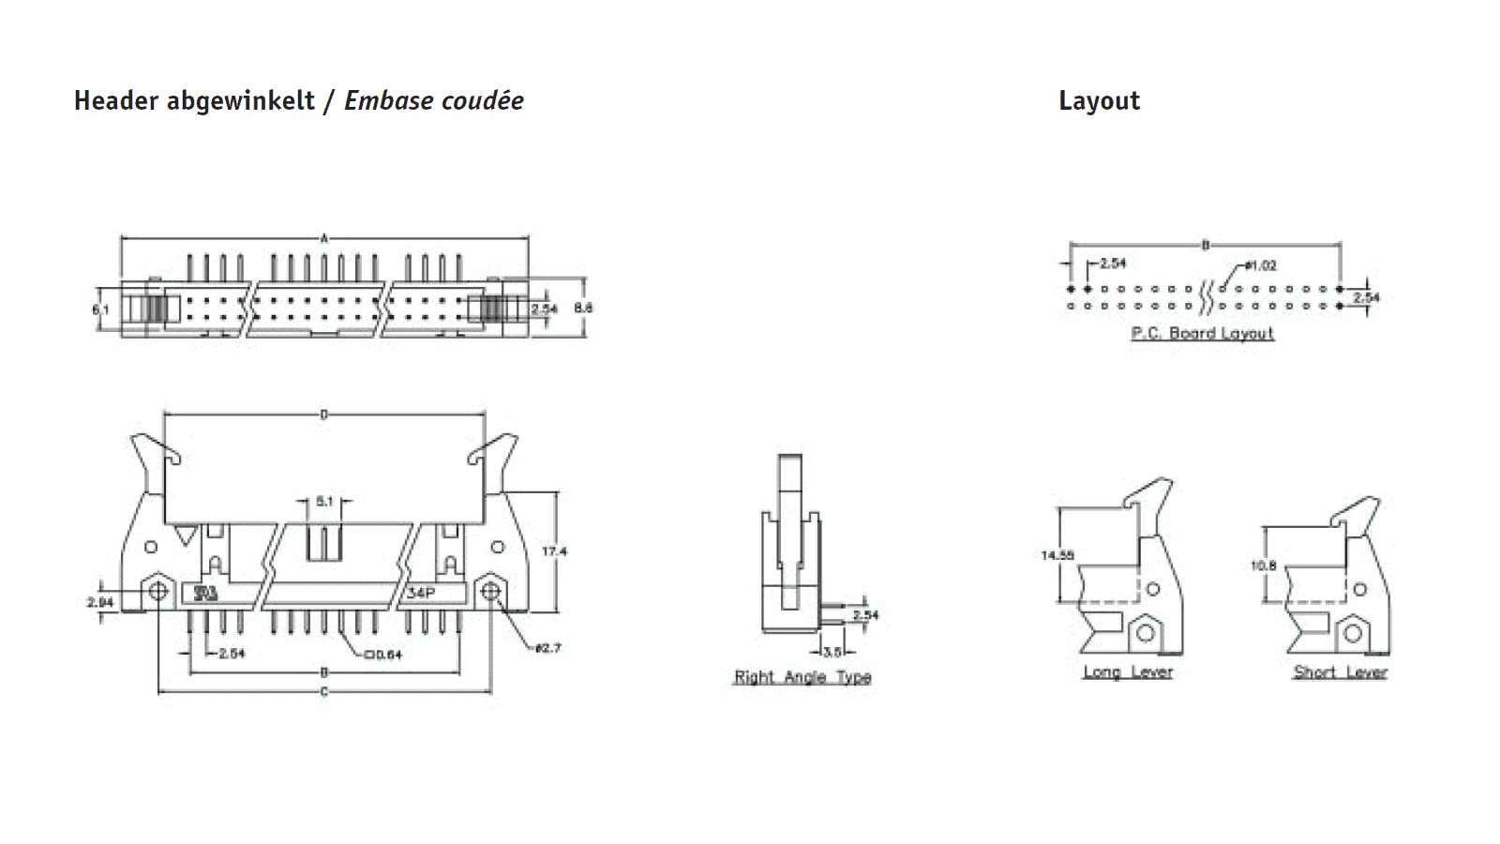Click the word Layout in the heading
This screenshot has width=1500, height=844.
pyautogui.click(x=1099, y=100)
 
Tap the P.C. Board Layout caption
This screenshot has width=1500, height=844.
pyautogui.click(x=1202, y=333)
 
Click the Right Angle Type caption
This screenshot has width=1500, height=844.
pyautogui.click(x=802, y=677)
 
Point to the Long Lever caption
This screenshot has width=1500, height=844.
pyautogui.click(x=1128, y=671)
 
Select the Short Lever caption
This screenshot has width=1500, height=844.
pyautogui.click(x=1340, y=671)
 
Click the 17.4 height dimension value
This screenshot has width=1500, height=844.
pyautogui.click(x=554, y=551)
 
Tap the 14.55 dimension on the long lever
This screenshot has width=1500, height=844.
pyautogui.click(x=1057, y=555)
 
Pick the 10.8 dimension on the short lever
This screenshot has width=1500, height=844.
pyautogui.click(x=1263, y=565)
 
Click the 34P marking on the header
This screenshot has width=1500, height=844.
pyautogui.click(x=421, y=593)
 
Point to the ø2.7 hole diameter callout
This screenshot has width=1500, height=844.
pyautogui.click(x=547, y=648)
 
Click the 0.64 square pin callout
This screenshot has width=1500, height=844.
pyautogui.click(x=382, y=654)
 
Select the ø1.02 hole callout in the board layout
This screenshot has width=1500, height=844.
pyautogui.click(x=1261, y=265)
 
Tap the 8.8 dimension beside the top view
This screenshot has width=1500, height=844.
pyautogui.click(x=583, y=308)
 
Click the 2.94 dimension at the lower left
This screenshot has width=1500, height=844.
pyautogui.click(x=99, y=602)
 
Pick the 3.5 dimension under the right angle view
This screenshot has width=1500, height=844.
pyautogui.click(x=832, y=652)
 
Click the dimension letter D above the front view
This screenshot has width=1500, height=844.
pyautogui.click(x=324, y=414)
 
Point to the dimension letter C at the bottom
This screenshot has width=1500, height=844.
pyautogui.click(x=324, y=692)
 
